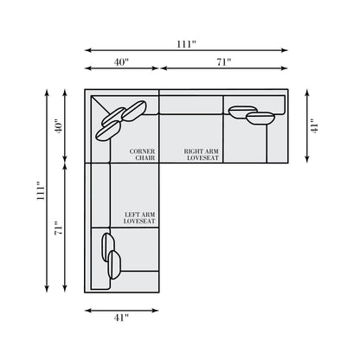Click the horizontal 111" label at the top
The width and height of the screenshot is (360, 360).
pyautogui.click(x=186, y=44)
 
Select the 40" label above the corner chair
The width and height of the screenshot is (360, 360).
pyautogui.click(x=121, y=62)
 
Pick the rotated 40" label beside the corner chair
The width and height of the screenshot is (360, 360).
pyautogui.click(x=58, y=126)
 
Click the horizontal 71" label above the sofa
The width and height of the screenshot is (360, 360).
pyautogui.click(x=224, y=62)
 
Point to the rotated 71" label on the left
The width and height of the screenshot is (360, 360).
pyautogui.click(x=58, y=228)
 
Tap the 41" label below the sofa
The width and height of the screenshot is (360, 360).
pyautogui.click(x=121, y=318)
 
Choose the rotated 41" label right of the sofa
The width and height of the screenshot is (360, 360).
pyautogui.click(x=314, y=126)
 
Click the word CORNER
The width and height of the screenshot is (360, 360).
pyautogui.click(x=142, y=151)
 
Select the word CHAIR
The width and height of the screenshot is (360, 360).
pyautogui.click(x=145, y=157)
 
